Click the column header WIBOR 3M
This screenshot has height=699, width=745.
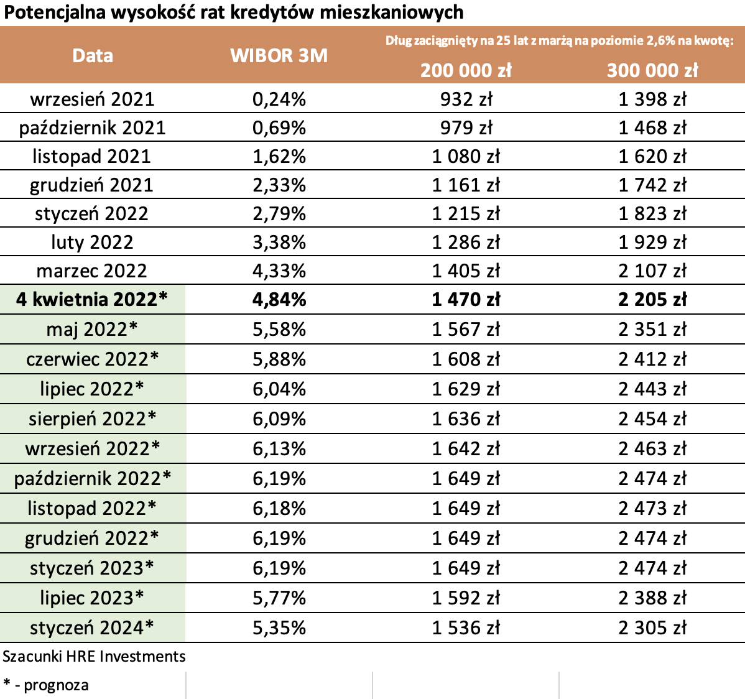[279, 55]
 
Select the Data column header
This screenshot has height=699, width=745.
[93, 55]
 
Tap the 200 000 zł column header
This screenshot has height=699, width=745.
[466, 70]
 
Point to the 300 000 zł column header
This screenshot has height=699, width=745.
[652, 70]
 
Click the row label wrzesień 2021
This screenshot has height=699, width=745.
[92, 99]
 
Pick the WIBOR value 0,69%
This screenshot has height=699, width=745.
[279, 127]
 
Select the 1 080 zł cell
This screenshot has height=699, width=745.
[466, 156]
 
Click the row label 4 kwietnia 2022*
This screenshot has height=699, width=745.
[92, 299]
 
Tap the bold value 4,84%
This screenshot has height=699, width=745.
[279, 299]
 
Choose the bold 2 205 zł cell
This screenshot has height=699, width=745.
[652, 299]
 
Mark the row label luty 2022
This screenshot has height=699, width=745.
[92, 242]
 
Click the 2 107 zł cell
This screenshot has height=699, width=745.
[652, 271]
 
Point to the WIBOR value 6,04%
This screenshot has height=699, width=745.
[279, 389]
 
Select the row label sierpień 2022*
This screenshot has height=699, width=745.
[92, 419]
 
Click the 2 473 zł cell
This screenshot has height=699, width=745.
[652, 508]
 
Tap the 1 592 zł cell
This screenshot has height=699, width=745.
[466, 598]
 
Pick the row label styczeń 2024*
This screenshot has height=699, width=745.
[92, 627]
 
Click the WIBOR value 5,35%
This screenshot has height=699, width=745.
[279, 627]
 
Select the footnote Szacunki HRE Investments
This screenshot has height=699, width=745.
[94, 656]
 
